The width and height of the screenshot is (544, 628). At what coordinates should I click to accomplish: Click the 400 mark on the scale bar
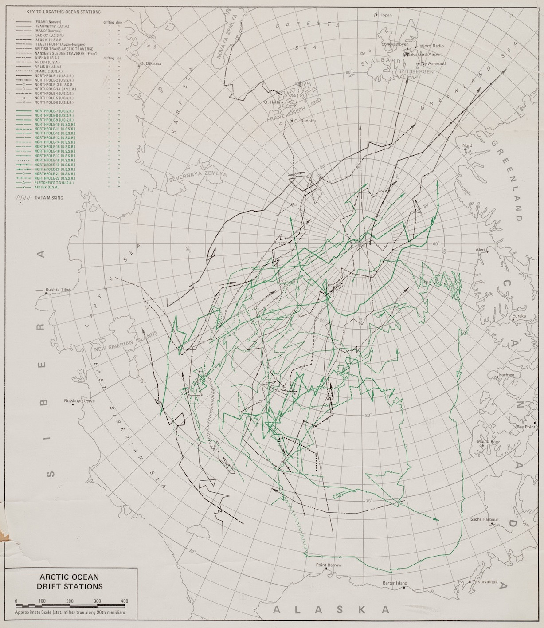tap(124, 601)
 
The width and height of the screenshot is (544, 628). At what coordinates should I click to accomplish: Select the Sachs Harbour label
tap(485, 519)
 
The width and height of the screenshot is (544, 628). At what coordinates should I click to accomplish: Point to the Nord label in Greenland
tap(467, 145)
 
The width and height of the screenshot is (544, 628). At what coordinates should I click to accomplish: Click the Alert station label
tap(481, 250)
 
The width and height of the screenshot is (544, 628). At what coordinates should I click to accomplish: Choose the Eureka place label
tap(519, 316)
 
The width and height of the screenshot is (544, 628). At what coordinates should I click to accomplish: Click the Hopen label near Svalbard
tap(385, 15)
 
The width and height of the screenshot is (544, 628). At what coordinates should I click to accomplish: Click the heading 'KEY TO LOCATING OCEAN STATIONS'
tap(63, 12)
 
